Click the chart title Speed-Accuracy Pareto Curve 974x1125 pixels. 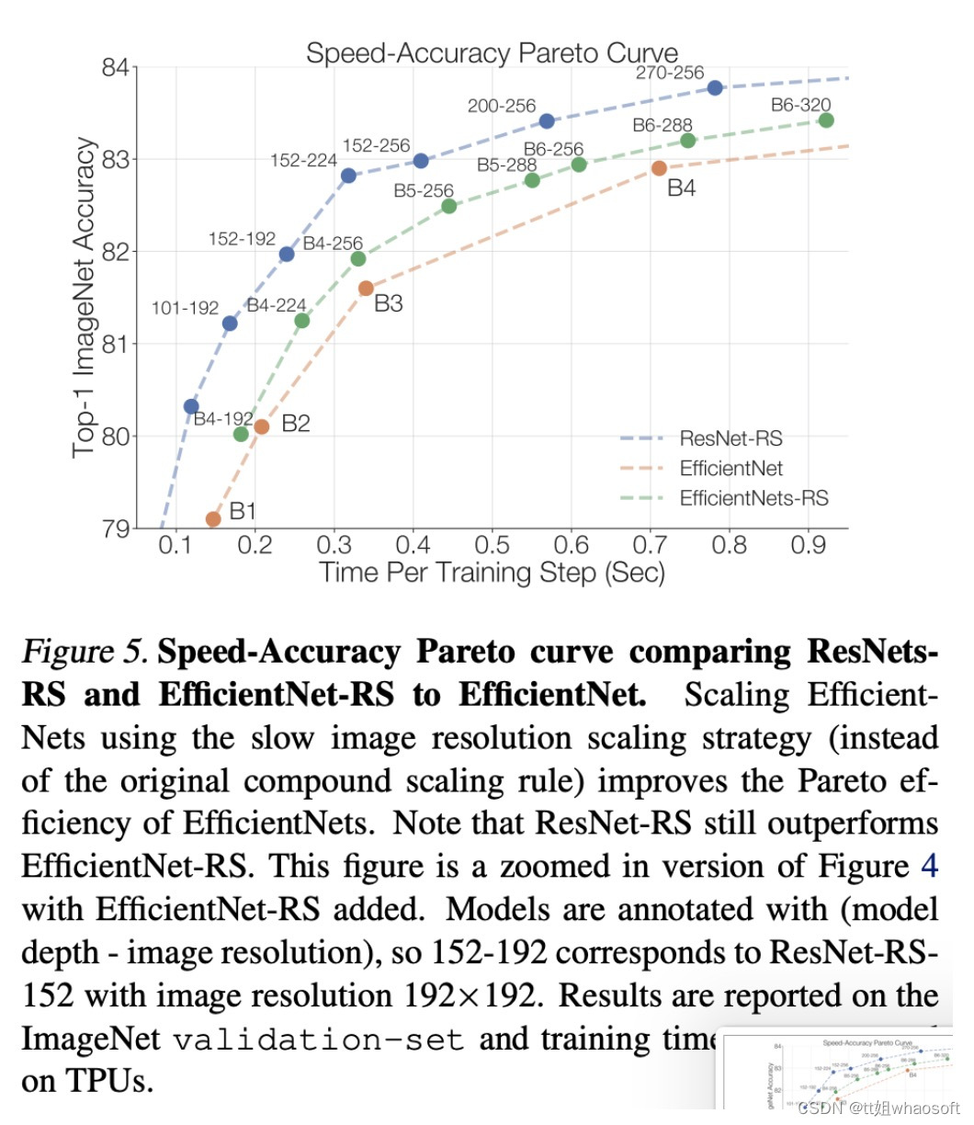(x=492, y=52)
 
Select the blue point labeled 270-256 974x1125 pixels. (x=715, y=87)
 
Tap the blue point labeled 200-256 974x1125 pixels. (x=547, y=121)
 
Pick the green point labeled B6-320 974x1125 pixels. (x=825, y=120)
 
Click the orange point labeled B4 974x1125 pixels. (x=659, y=168)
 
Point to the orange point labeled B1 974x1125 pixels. (x=213, y=519)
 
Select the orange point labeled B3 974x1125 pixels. (x=366, y=288)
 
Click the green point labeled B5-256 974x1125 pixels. (x=448, y=206)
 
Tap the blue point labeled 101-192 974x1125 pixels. (x=230, y=323)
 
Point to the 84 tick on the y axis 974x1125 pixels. (x=119, y=68)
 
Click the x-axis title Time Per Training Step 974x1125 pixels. (x=492, y=574)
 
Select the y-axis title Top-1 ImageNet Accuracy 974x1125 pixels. (x=85, y=297)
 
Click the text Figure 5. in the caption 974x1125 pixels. (x=85, y=652)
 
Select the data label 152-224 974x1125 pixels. (x=303, y=160)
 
